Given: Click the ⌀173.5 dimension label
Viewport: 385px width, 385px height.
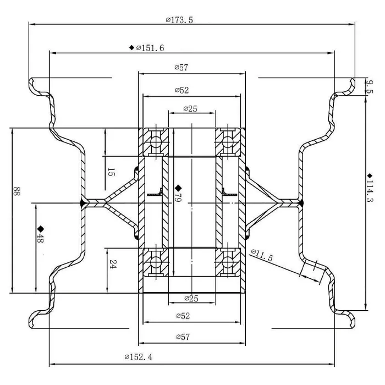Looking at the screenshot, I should click(179, 20).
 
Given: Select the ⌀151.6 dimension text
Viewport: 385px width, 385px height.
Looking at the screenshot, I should click(150, 48).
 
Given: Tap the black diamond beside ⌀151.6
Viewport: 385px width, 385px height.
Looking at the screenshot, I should click(131, 48).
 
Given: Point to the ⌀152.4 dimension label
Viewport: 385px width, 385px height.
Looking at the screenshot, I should click(139, 357).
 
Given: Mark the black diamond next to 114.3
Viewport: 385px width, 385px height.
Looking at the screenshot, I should click(370, 175).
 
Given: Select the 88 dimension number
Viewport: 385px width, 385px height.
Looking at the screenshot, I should click(17, 193).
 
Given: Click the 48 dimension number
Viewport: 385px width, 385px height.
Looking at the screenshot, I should click(41, 240).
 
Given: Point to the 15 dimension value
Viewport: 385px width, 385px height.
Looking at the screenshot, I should click(111, 172).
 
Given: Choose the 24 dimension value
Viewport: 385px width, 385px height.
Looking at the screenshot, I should click(111, 264).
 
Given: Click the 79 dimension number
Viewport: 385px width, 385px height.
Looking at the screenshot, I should click(178, 198).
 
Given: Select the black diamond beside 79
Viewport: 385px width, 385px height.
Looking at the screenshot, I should click(178, 189).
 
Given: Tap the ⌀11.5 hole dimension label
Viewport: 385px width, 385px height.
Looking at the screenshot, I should click(262, 255).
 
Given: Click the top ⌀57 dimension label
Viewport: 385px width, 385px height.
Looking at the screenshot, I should click(182, 68).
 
